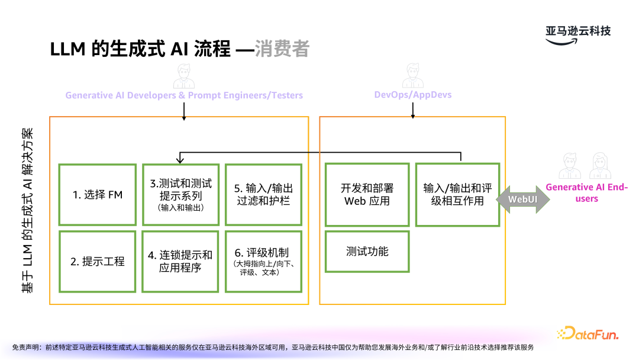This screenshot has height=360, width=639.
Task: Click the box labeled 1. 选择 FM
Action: coord(98,194)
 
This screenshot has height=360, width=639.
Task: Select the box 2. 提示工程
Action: coord(98,261)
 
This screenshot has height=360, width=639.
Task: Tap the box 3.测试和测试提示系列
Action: coord(181,194)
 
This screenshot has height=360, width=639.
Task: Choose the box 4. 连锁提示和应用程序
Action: coord(181,261)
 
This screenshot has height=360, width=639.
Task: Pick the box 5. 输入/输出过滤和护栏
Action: coord(264,194)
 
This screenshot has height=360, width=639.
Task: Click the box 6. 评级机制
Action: coord(264,261)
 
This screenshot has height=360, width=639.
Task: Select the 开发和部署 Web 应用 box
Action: coord(367,194)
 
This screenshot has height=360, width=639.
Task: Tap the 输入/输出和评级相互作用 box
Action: coord(457,194)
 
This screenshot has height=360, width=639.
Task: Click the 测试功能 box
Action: coord(367,252)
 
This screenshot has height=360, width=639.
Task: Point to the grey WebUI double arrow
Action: coord(522,200)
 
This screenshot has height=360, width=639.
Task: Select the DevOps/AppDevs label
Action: coord(412,95)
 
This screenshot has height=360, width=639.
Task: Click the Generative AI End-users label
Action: coord(586,193)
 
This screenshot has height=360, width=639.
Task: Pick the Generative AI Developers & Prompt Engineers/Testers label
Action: coord(184,95)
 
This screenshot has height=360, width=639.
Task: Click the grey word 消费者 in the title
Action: coord(282,49)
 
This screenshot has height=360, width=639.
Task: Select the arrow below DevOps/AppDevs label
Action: coord(412,108)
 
